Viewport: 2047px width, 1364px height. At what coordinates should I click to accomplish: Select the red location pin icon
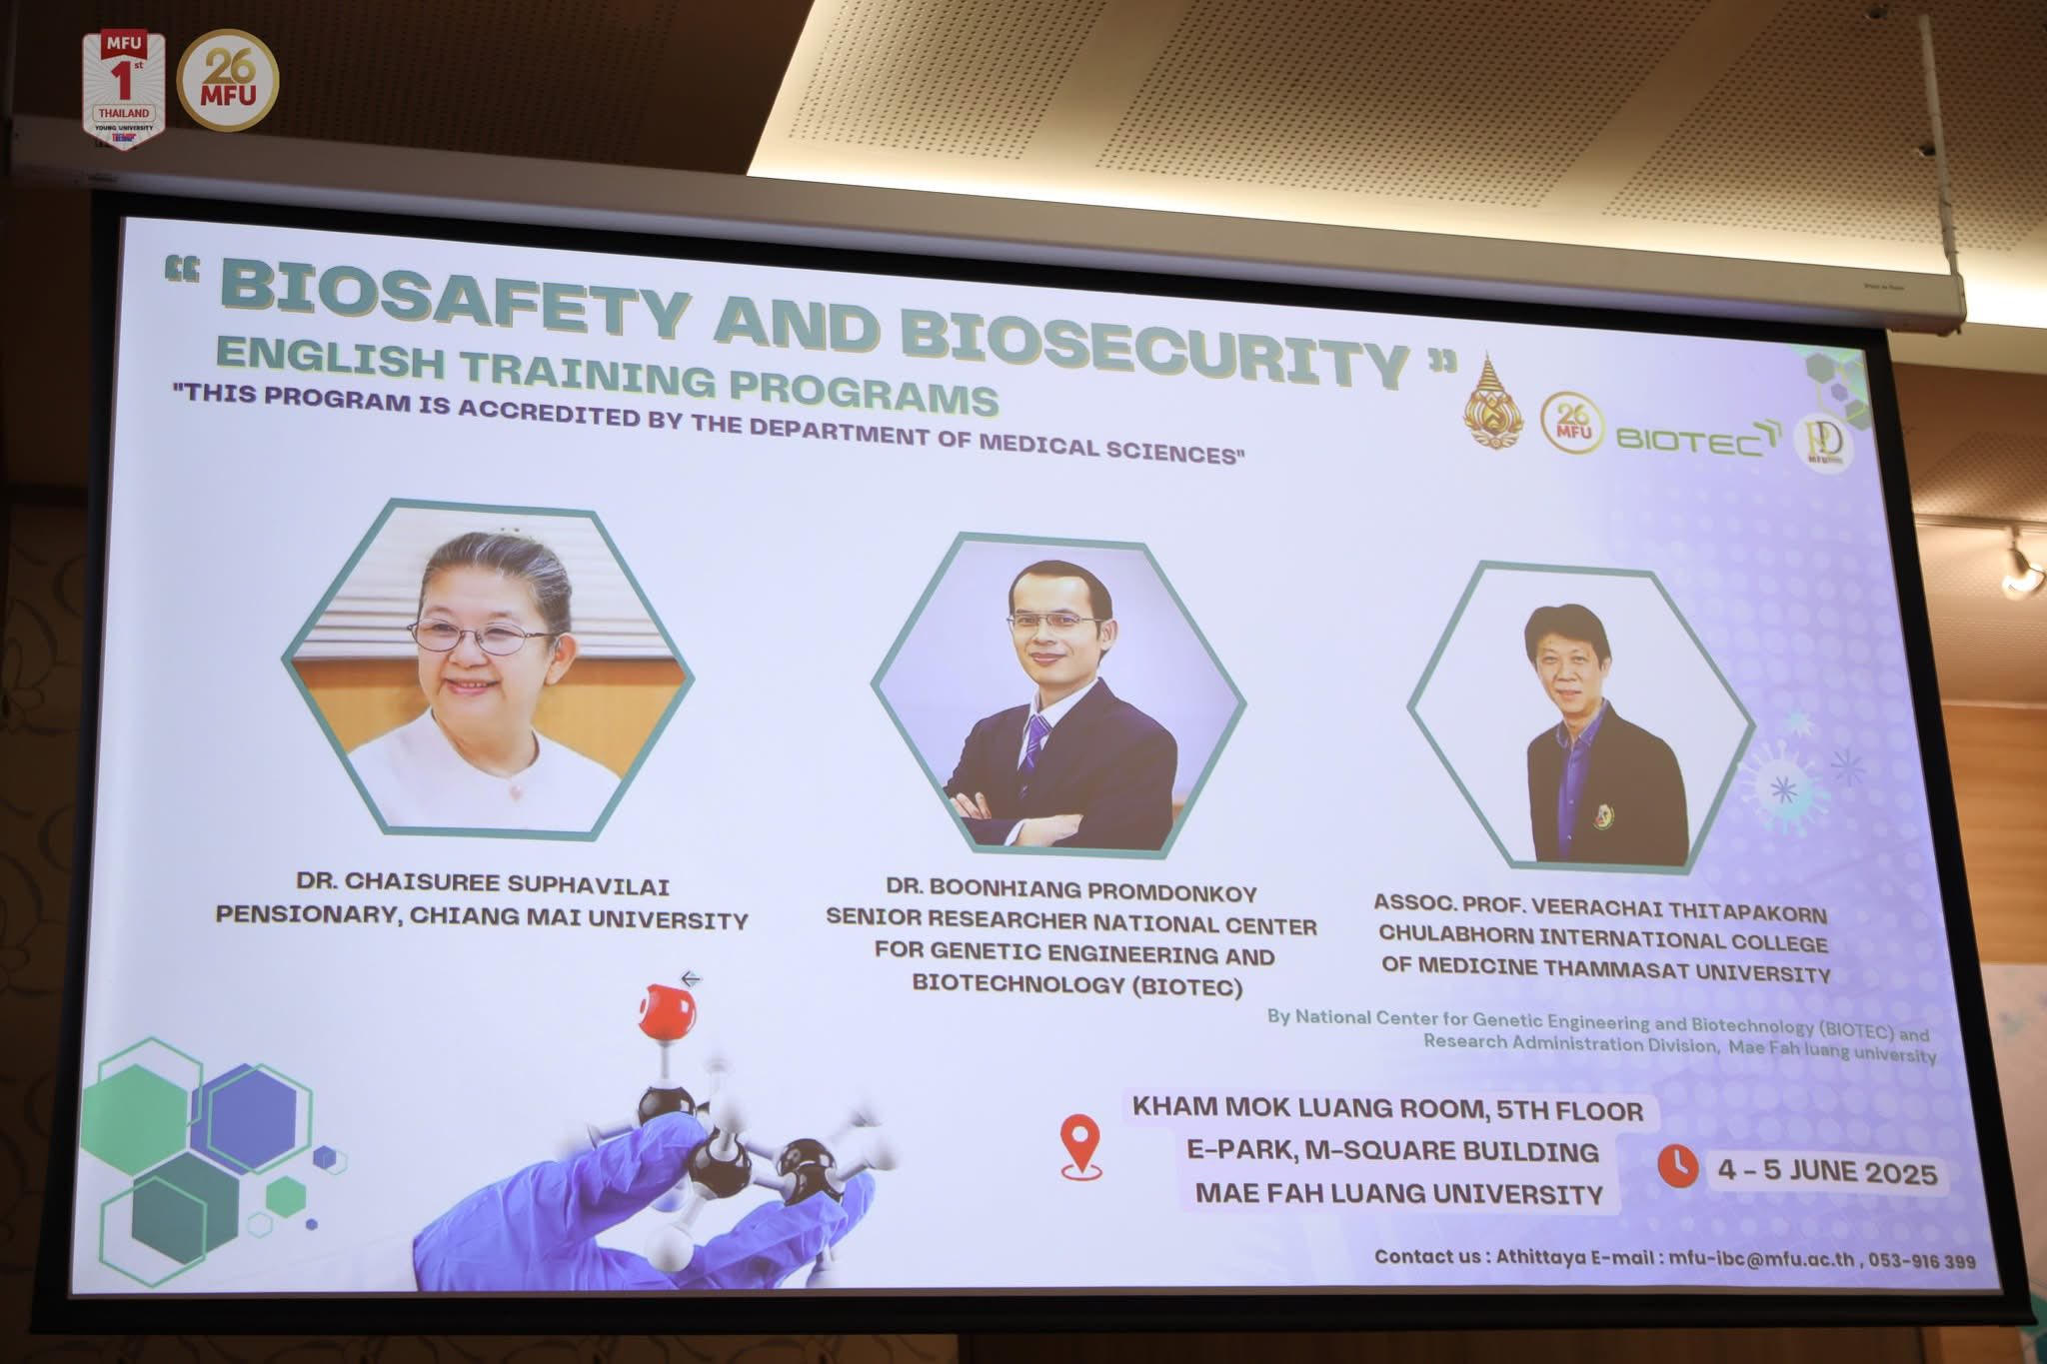point(1080,1147)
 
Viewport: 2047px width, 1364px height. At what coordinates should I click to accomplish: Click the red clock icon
point(1678,1165)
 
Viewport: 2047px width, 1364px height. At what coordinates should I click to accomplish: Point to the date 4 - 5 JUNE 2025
point(1827,1171)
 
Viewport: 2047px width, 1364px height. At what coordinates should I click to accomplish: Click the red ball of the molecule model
point(668,1009)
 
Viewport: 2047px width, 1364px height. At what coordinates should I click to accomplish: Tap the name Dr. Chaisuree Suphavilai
point(483,884)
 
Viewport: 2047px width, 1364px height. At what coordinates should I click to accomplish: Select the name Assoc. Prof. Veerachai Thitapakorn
point(1599,908)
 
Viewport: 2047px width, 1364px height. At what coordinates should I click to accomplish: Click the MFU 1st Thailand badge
point(123,90)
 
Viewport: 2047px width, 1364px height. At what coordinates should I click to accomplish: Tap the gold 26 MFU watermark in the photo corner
point(228,80)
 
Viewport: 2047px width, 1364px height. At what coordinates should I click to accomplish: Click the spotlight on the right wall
point(2020,569)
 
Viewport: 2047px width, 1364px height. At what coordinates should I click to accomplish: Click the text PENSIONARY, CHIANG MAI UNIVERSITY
point(482,917)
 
